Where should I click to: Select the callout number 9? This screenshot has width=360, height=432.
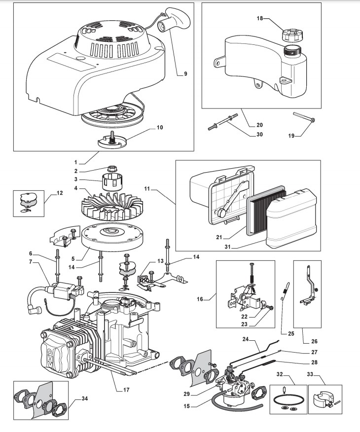185,74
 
